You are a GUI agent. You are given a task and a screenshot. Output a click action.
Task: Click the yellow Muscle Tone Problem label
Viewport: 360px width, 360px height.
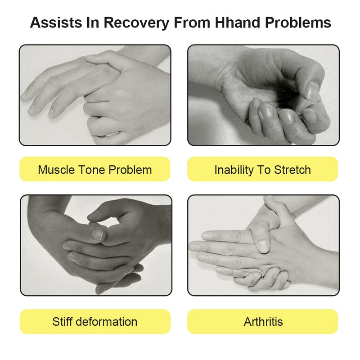(x=95, y=170)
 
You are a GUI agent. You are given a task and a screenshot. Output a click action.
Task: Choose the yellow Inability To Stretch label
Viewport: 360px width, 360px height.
(x=262, y=170)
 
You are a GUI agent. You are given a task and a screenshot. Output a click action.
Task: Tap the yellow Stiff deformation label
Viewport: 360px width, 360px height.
(x=95, y=322)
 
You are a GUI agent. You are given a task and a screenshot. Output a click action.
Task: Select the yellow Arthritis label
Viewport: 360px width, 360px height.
(x=262, y=322)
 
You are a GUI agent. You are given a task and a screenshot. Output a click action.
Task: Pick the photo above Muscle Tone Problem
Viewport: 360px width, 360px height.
(x=95, y=95)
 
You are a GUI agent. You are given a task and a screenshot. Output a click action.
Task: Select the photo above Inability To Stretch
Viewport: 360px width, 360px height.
(x=263, y=95)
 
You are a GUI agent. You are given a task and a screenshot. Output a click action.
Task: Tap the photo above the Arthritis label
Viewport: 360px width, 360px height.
(x=263, y=245)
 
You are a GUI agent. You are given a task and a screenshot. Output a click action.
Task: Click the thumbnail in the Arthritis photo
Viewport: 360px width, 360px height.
(x=263, y=244)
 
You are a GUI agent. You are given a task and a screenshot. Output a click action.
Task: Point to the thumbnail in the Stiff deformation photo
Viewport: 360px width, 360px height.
(x=98, y=234)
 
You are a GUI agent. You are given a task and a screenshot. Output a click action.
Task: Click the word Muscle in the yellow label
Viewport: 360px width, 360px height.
(x=55, y=170)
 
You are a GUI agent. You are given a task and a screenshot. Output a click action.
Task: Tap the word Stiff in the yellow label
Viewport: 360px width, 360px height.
(x=63, y=322)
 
